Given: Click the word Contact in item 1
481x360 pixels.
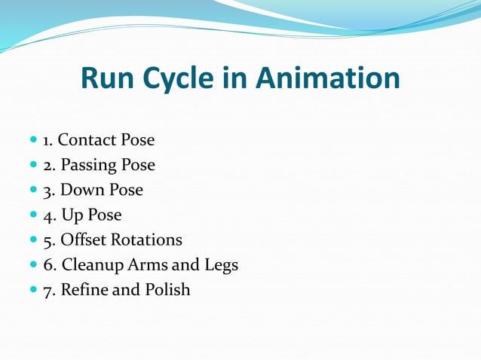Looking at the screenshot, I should [x=86, y=140].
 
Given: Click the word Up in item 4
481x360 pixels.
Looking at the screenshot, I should [x=72, y=215].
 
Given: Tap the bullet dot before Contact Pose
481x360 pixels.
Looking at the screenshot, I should [x=32, y=141].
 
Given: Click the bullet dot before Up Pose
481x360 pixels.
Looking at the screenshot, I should [x=32, y=215].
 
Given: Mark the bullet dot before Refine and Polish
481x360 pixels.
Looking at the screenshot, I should [x=32, y=290].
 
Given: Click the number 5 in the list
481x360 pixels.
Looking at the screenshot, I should [x=47, y=240].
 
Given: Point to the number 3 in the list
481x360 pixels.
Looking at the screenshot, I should [x=47, y=191].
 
